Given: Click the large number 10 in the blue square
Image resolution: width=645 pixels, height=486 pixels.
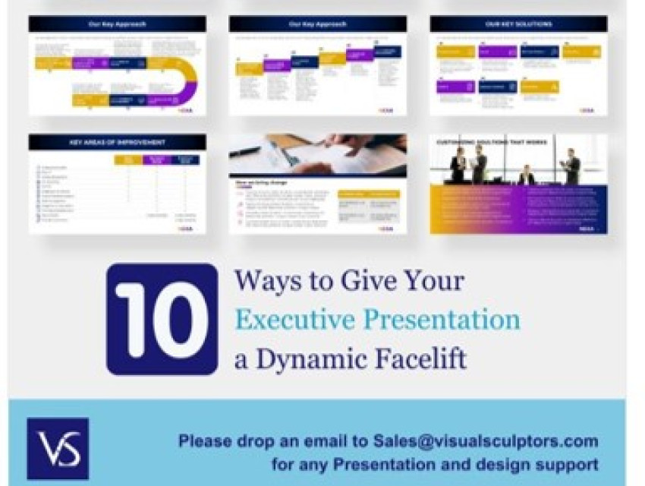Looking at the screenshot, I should [x=162, y=319].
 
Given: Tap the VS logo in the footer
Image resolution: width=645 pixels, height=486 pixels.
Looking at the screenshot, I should [x=58, y=449].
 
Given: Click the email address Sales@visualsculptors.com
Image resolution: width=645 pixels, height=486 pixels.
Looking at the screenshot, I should [x=486, y=441].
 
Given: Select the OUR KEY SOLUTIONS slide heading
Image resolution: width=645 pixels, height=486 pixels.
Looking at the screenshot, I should [x=518, y=24].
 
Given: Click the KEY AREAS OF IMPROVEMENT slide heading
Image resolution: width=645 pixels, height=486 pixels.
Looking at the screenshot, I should [x=117, y=142].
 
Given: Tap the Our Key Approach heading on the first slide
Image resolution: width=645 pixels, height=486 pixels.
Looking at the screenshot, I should [x=117, y=24].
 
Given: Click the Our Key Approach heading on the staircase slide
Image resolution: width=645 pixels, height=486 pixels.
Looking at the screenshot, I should [x=317, y=24].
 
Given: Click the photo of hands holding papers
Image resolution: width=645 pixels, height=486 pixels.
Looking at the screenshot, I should [x=317, y=155].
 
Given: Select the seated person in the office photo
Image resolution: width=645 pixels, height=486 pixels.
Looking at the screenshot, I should [x=526, y=175].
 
